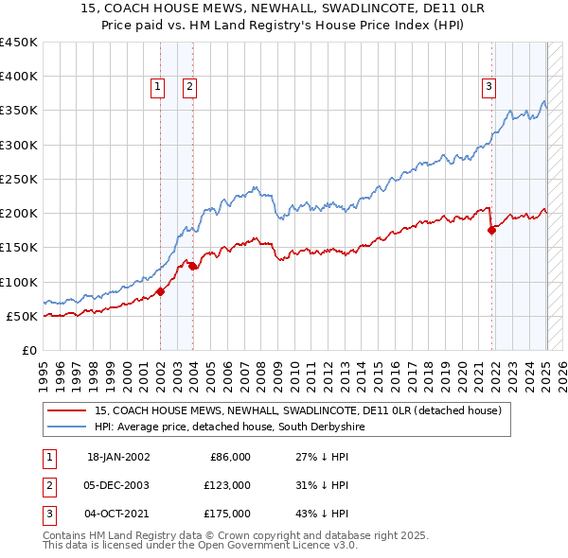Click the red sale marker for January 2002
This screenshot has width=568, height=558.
(160, 291)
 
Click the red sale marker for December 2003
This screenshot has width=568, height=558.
(192, 267)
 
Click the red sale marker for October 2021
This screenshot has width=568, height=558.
(491, 230)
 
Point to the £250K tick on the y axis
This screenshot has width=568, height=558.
(19, 179)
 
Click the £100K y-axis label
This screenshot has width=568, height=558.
(19, 282)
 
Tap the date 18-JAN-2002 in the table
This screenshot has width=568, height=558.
(118, 457)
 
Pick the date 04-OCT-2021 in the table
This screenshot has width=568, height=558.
(118, 514)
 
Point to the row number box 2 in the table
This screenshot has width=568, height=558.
(47, 485)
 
